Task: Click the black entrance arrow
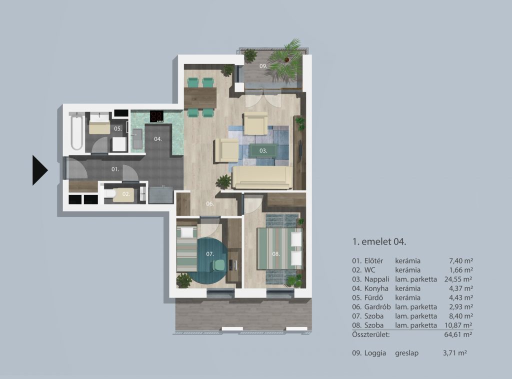coord(39,170)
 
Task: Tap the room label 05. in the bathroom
coord(118,128)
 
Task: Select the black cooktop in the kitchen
coord(156,116)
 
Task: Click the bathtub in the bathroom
coord(76,131)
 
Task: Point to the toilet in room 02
coord(110,194)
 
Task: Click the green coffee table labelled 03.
coord(263,151)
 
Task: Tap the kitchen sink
coord(137,138)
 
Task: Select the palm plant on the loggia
coord(285,60)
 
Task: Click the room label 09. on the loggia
coord(263,66)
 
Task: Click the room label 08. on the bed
coord(276,253)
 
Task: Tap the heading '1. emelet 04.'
coord(379,242)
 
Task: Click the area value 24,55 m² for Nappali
coord(458,279)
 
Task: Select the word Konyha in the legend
coord(376,288)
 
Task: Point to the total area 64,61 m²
coord(458,334)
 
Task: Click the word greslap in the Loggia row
coord(407,353)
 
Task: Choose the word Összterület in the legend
coord(371,334)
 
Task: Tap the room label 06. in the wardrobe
coord(210,204)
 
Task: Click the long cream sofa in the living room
coord(262,177)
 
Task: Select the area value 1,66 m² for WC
coord(461,270)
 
